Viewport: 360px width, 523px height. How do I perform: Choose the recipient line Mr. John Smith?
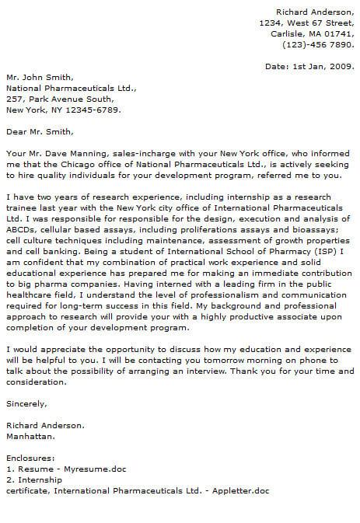coord(40,78)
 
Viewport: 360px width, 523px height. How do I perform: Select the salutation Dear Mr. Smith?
coord(42,132)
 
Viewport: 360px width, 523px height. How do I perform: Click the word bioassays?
coord(315,231)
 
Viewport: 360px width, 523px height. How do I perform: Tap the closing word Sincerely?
coord(26,404)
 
